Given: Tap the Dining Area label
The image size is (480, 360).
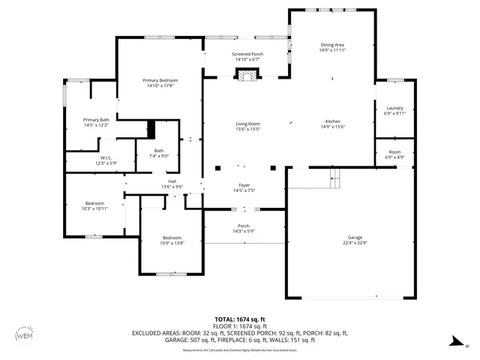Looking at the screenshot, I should pos(332,46).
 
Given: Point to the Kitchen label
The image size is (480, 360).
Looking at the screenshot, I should pos(332,121).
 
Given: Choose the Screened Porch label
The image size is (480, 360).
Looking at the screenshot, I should pos(247,54).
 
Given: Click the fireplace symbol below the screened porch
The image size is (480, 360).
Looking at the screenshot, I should pos(246,74).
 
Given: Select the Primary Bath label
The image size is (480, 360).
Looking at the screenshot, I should pos(96,120).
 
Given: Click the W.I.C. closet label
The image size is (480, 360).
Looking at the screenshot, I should pos(106,158).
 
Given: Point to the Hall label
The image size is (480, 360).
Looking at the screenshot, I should pos(172,181).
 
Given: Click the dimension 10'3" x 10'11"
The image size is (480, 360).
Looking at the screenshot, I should pos(94,208).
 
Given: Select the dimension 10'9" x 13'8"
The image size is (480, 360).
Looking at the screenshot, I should pos(172,242).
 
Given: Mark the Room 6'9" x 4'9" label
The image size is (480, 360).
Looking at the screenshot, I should pos(394,154).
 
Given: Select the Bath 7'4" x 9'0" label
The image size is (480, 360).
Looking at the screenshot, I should pos(158,153).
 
